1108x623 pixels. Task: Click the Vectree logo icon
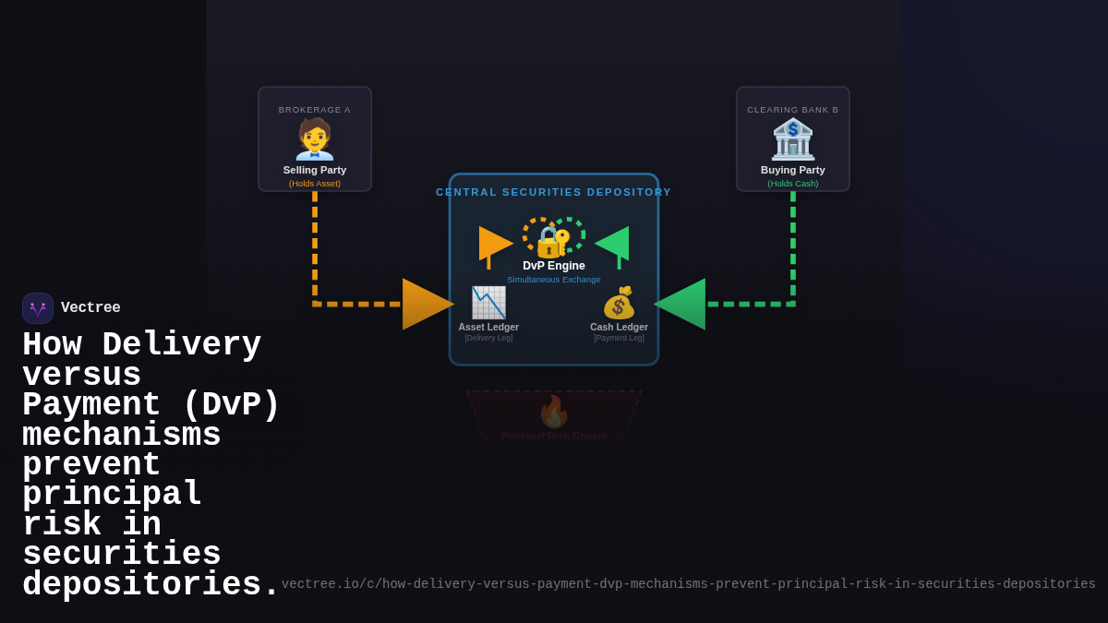(x=38, y=308)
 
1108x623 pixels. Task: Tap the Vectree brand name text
(x=90, y=308)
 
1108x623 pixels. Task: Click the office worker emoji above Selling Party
(x=315, y=139)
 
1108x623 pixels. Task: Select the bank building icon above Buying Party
(x=793, y=139)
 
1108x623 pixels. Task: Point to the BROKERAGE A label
(x=315, y=110)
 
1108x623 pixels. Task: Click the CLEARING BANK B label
(x=793, y=110)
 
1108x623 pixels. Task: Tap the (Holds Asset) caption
(x=315, y=184)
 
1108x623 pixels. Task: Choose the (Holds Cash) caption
(x=793, y=184)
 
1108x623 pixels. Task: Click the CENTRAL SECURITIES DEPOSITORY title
(x=554, y=192)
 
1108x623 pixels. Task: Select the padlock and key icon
(x=553, y=241)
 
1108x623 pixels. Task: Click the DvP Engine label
(x=554, y=266)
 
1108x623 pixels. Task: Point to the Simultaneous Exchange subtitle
(x=554, y=280)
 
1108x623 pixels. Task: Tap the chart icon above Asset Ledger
(x=488, y=303)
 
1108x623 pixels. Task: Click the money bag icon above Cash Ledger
(x=620, y=303)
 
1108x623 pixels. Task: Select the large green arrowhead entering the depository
(x=681, y=304)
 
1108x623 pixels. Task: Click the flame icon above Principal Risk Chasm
(x=554, y=412)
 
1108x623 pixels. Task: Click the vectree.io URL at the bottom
(x=688, y=584)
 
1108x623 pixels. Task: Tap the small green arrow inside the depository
(x=613, y=243)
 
